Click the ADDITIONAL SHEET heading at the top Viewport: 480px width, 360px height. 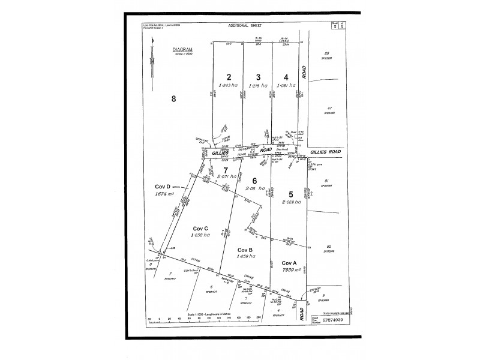[x=246, y=26]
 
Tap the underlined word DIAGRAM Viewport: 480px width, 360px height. [x=181, y=50]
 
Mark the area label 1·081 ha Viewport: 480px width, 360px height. [x=287, y=85]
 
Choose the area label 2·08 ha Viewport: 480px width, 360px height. [x=256, y=188]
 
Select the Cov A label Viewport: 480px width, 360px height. [x=290, y=262]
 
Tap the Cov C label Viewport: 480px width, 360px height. [x=200, y=228]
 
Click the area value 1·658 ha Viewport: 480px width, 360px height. [x=200, y=236]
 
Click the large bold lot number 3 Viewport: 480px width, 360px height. [x=258, y=77]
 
